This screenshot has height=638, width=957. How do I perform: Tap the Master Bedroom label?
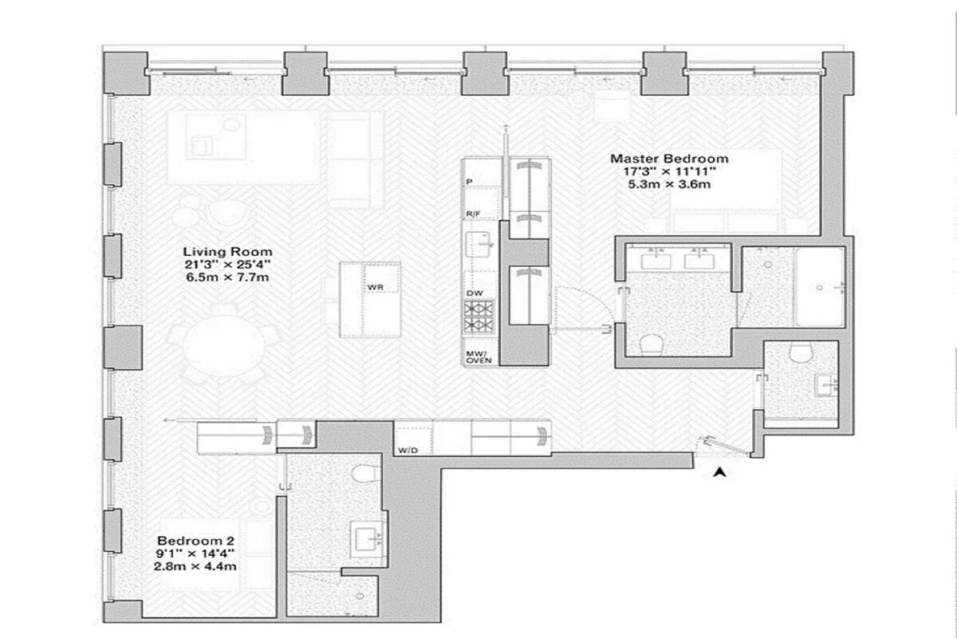pyautogui.click(x=669, y=159)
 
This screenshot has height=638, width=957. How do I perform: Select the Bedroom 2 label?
pyautogui.click(x=196, y=540)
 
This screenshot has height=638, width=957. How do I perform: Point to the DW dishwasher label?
pyautogui.click(x=475, y=293)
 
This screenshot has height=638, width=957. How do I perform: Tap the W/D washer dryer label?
pyautogui.click(x=408, y=450)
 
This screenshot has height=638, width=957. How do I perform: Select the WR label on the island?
pyautogui.click(x=376, y=286)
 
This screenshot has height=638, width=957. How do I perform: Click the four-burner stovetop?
pyautogui.click(x=480, y=316)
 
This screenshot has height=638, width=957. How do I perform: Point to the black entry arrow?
pyautogui.click(x=720, y=472)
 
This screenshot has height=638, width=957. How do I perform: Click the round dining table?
pyautogui.click(x=224, y=348)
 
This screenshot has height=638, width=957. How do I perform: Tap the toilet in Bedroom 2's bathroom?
pyautogui.click(x=364, y=474)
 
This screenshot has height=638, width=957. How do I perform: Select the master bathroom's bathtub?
pyautogui.click(x=819, y=286)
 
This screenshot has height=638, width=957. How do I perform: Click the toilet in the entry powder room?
pyautogui.click(x=800, y=352)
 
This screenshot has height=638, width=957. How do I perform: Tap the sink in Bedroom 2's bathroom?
pyautogui.click(x=368, y=539)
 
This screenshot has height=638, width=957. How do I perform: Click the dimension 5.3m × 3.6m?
pyautogui.click(x=669, y=184)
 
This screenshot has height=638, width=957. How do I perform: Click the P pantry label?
pyautogui.click(x=470, y=183)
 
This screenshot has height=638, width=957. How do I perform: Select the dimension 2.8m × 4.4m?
pyautogui.click(x=196, y=566)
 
